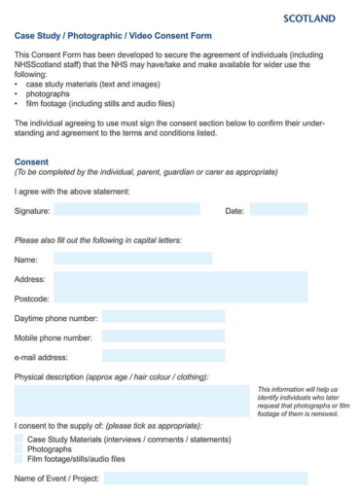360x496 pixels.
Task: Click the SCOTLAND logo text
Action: coord(309,18)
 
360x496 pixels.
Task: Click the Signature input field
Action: coord(126,209)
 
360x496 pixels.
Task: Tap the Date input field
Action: coord(278,209)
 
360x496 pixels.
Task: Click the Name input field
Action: coord(132,259)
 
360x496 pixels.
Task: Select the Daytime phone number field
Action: coord(162,317)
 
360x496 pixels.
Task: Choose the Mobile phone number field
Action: coord(162,337)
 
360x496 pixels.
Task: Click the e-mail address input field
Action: coord(162,356)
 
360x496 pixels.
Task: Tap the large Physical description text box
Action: coord(131,400)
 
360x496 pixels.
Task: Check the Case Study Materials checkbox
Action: coord(18,440)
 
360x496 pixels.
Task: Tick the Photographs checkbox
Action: coord(18,449)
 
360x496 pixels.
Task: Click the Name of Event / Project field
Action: coord(205,478)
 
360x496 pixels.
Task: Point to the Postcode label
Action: coord(32,298)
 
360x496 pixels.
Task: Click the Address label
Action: coord(30,279)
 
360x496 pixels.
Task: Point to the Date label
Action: coord(234,210)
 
